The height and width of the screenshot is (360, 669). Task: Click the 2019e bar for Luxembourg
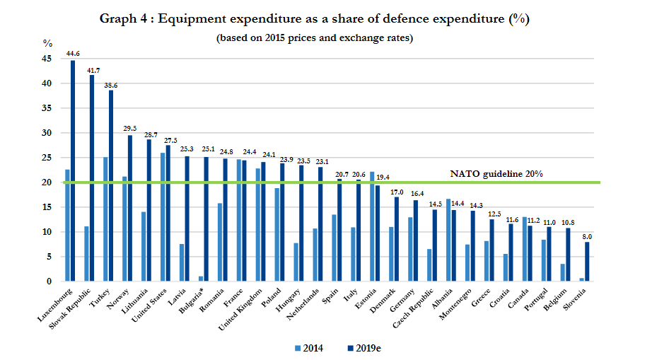73,170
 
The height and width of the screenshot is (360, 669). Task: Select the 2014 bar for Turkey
105,219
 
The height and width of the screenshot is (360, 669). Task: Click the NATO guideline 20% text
497,173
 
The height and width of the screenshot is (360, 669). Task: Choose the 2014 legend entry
308,347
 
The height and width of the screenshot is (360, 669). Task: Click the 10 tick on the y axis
48,232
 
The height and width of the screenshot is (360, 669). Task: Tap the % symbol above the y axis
48,43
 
